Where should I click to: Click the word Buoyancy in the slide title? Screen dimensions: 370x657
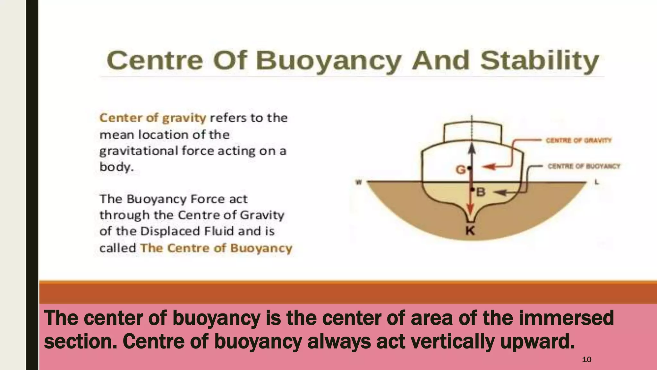tap(328, 61)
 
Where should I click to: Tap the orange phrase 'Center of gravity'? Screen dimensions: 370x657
tap(153, 118)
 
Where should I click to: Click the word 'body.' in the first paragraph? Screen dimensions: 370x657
tap(116, 167)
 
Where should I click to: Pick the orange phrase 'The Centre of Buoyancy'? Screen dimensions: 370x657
tap(216, 248)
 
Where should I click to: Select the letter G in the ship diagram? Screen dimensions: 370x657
tap(461, 169)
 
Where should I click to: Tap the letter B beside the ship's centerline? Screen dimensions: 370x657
tap(481, 192)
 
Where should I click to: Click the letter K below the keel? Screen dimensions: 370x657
tap(470, 230)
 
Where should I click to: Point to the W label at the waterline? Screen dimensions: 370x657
tap(359, 182)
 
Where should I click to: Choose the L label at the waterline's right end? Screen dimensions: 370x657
tap(597, 182)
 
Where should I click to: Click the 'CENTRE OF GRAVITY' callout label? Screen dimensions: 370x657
tap(578, 140)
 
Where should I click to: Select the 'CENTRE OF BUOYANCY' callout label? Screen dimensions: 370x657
tap(584, 166)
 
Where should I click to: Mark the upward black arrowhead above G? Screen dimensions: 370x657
tap(472, 149)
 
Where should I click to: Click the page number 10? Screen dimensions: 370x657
tap(586, 359)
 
